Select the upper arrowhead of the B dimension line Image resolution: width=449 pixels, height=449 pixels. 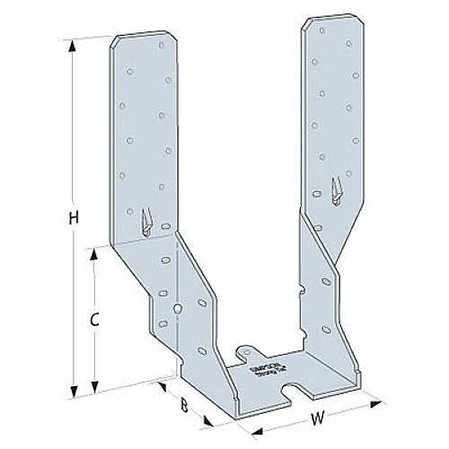pyautogui.click(x=160, y=383)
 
